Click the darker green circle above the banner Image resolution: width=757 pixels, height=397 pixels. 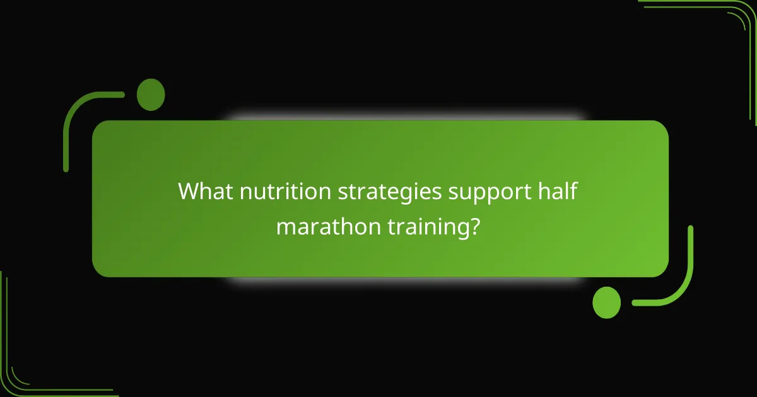(x=151, y=95)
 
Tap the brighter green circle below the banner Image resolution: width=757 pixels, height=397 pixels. (x=606, y=302)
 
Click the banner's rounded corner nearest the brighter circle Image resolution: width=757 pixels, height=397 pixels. (x=659, y=268)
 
